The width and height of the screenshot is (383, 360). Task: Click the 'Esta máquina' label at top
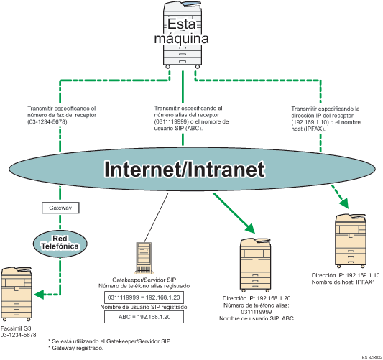pos(183,30)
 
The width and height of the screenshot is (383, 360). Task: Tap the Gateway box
pos(58,208)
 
